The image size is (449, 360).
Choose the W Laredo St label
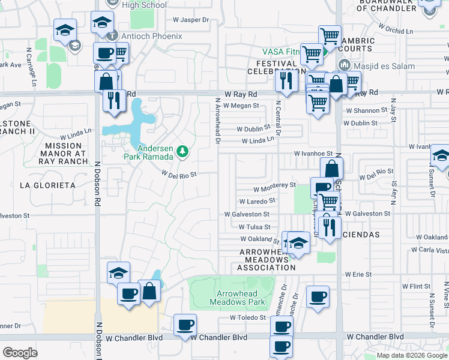[257, 202]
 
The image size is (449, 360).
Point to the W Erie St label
[358, 274]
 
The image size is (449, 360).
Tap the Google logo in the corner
[20, 353]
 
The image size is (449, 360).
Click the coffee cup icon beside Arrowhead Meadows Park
[318, 296]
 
